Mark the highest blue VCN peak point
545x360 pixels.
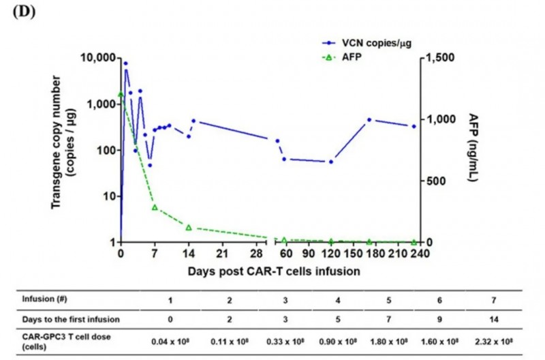125,63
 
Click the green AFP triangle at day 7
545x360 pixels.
155,207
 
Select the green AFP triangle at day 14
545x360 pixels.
189,227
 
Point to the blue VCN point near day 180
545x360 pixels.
369,120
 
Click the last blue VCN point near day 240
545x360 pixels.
414,126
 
